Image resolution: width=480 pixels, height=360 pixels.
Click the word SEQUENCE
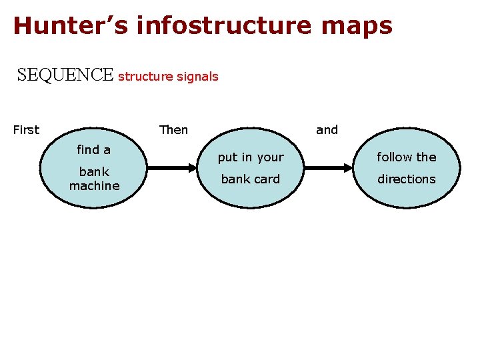click(x=65, y=75)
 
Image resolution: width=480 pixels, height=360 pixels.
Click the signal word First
click(x=26, y=130)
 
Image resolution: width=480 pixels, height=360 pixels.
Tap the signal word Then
click(x=173, y=130)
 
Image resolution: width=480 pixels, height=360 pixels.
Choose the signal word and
click(x=327, y=130)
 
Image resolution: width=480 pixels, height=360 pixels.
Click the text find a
click(x=94, y=150)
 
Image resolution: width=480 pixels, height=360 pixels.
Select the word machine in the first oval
click(x=94, y=186)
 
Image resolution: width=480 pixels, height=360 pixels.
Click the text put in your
click(x=251, y=157)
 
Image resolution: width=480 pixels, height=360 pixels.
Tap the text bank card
click(x=251, y=179)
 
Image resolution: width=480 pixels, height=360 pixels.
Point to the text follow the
click(x=406, y=157)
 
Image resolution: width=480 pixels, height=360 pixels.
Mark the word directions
click(x=406, y=179)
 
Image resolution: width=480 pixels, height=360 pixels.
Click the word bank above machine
click(x=94, y=172)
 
